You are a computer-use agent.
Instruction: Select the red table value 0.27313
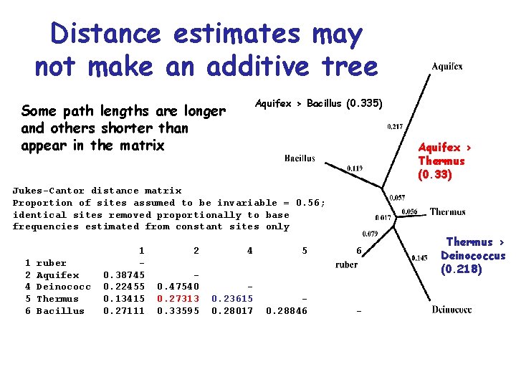pos(178,299)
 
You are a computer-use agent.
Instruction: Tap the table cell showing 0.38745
pos(124,274)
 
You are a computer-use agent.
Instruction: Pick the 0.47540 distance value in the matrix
pos(178,287)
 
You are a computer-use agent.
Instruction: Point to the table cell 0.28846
pos(286,311)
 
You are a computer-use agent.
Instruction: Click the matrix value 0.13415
pos(124,299)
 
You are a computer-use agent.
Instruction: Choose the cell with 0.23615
pos(232,299)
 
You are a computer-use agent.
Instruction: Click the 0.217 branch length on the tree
pos(394,128)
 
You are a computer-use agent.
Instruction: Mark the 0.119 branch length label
pos(354,169)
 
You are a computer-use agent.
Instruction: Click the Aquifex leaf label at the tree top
pos(446,67)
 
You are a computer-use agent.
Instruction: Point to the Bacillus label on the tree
pos(299,158)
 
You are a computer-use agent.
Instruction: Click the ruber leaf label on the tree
pos(346,264)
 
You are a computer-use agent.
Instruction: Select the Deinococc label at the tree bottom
pos(451,310)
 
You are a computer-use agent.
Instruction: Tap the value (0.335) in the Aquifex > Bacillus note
pos(364,103)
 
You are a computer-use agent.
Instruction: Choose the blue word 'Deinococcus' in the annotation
pos(473,256)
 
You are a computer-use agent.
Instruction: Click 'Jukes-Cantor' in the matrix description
pos(48,191)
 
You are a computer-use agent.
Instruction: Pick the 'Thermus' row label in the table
pos(57,299)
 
